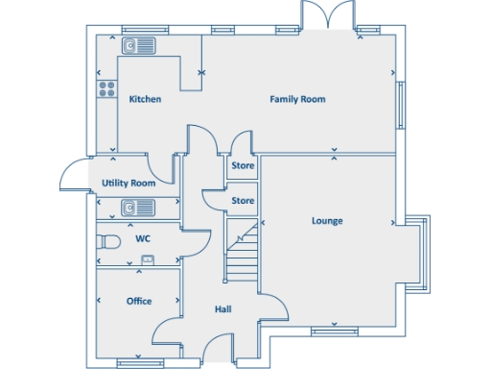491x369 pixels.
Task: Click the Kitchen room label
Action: [145, 99]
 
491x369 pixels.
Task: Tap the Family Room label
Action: [297, 99]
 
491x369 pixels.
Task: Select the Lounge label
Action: [327, 221]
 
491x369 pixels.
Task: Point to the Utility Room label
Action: [129, 183]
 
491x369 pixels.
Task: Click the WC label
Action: [143, 237]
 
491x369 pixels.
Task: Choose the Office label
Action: [139, 301]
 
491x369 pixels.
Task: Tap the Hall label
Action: [222, 309]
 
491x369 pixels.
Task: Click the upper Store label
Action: [243, 166]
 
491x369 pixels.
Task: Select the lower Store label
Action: [243, 201]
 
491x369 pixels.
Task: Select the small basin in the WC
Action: [149, 258]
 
